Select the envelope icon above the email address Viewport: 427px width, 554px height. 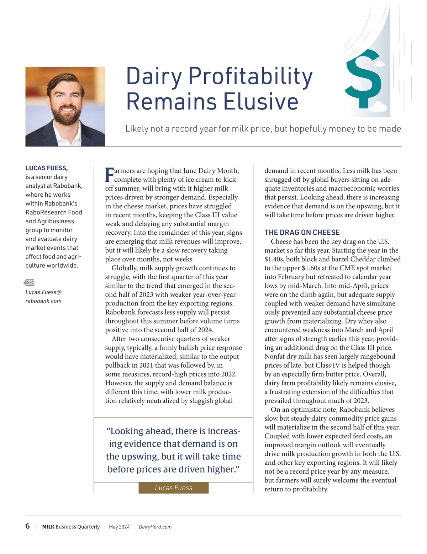click(30, 282)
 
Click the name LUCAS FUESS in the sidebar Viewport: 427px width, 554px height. click(47, 168)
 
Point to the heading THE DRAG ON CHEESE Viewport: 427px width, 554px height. click(302, 233)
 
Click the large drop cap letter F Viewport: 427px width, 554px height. click(110, 175)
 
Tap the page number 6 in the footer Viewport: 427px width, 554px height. click(28, 526)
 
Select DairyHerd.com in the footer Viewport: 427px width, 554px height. click(155, 527)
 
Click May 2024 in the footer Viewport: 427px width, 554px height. click(119, 527)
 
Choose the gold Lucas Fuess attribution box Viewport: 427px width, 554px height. click(173, 488)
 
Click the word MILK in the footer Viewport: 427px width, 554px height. click(48, 527)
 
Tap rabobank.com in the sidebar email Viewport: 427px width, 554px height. click(43, 301)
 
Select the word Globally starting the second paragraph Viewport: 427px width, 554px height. click(125, 268)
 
